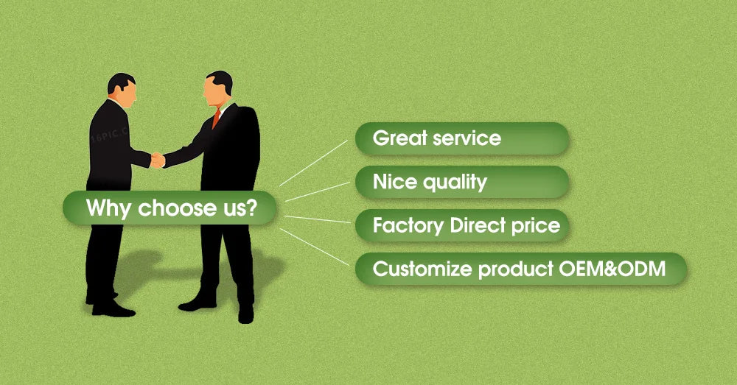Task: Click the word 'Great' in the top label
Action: pyautogui.click(x=400, y=138)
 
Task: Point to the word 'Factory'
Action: pyautogui.click(x=408, y=226)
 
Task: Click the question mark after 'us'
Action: pyautogui.click(x=252, y=207)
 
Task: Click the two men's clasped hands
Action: pyautogui.click(x=158, y=160)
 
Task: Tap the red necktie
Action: pyautogui.click(x=216, y=119)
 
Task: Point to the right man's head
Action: pyautogui.click(x=217, y=89)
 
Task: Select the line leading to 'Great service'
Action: pyautogui.click(x=313, y=163)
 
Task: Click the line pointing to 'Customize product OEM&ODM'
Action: pyautogui.click(x=315, y=247)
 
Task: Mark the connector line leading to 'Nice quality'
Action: pyautogui.click(x=317, y=191)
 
